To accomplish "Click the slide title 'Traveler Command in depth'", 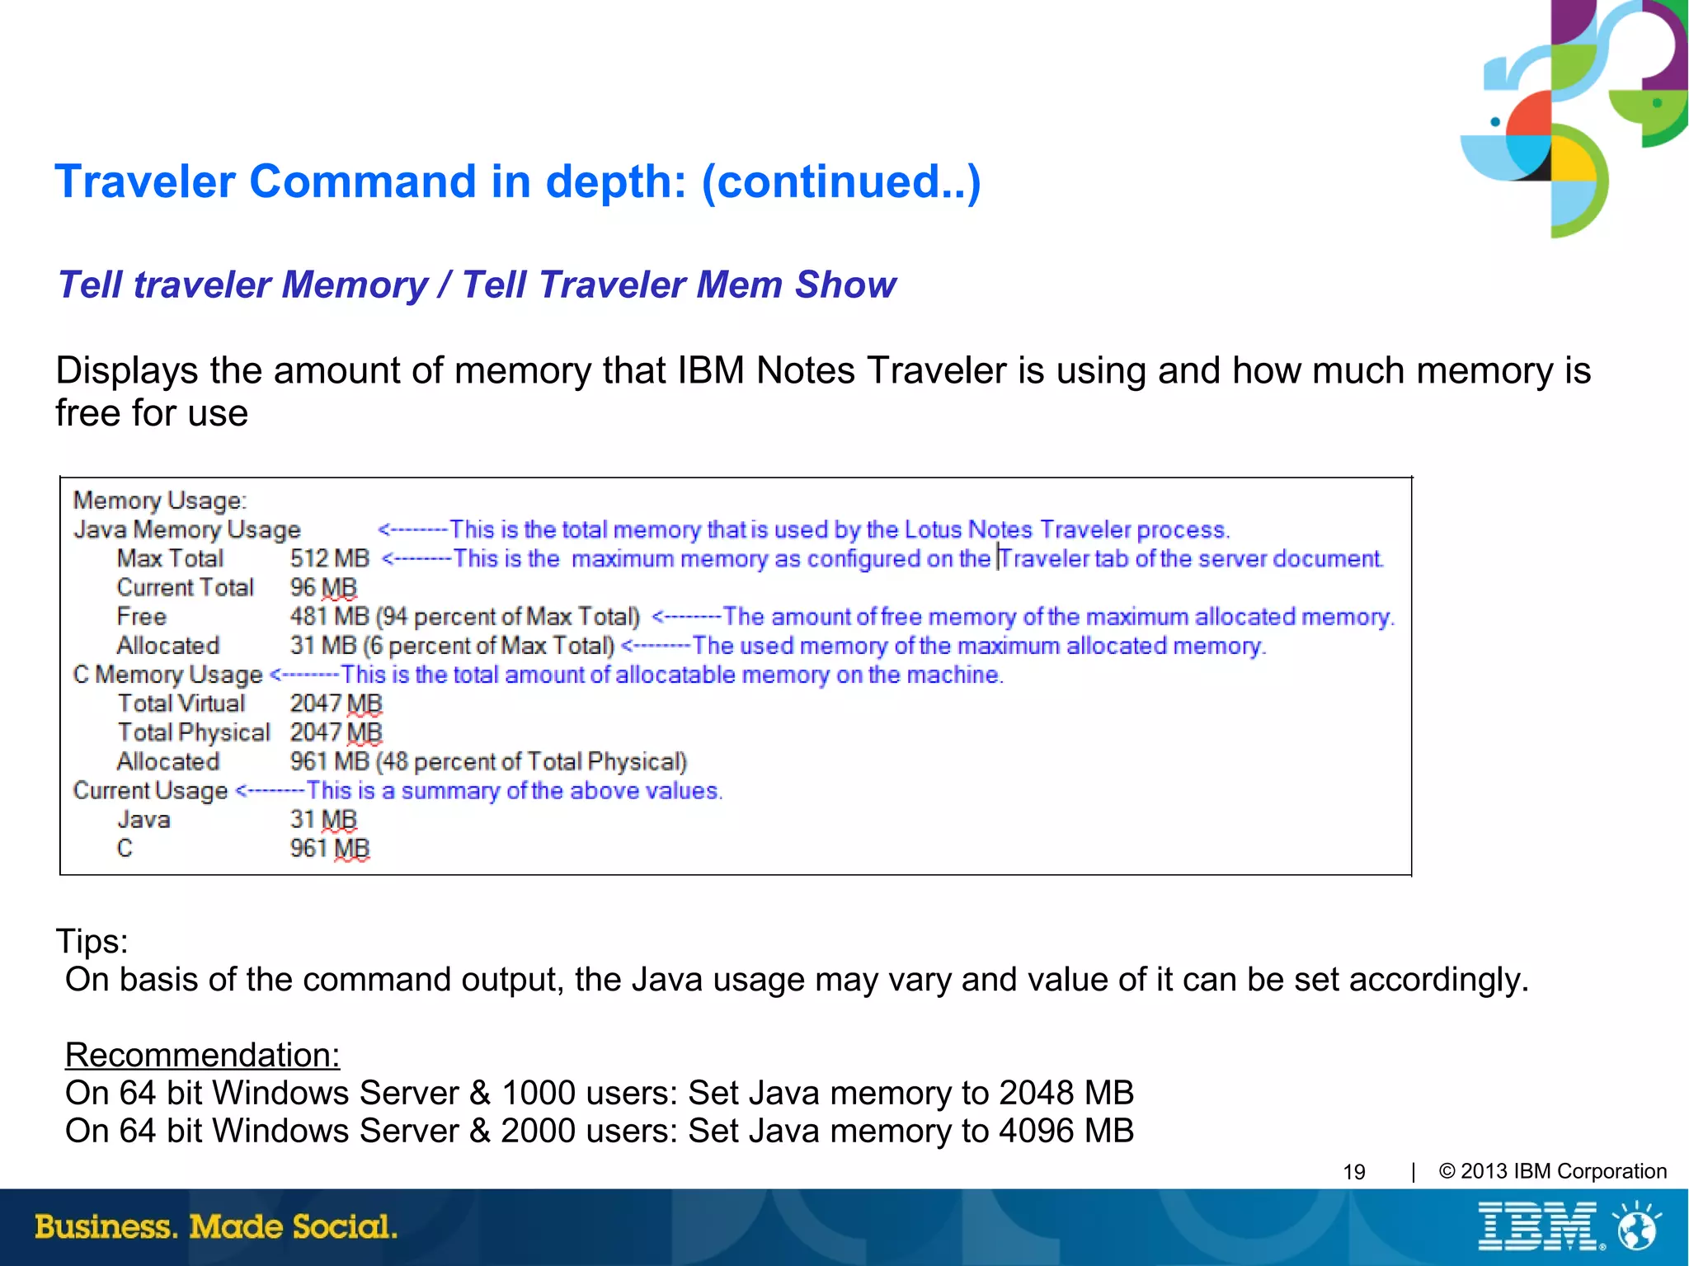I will click(x=517, y=181).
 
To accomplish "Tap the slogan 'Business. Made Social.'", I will click(x=216, y=1226).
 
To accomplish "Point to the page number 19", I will click(x=1354, y=1172).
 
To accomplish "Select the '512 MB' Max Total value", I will click(x=330, y=558).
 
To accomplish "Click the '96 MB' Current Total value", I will click(x=323, y=587).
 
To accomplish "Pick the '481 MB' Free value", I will click(x=330, y=617).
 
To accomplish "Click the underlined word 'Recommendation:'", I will click(x=202, y=1055).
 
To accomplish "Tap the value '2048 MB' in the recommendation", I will click(x=1066, y=1093).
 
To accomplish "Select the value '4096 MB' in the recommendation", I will click(x=1066, y=1131).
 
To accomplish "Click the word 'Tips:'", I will click(x=92, y=941).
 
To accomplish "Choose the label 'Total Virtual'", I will click(x=181, y=704).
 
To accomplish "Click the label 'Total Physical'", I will click(x=194, y=732).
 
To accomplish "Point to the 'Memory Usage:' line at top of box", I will click(x=160, y=501).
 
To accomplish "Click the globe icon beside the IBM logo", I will click(x=1638, y=1226).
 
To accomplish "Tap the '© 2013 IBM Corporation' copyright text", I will click(x=1553, y=1171).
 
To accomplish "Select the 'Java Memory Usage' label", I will click(x=187, y=529).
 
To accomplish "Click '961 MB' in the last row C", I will click(x=330, y=849).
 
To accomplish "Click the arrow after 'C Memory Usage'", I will click(x=304, y=675).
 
